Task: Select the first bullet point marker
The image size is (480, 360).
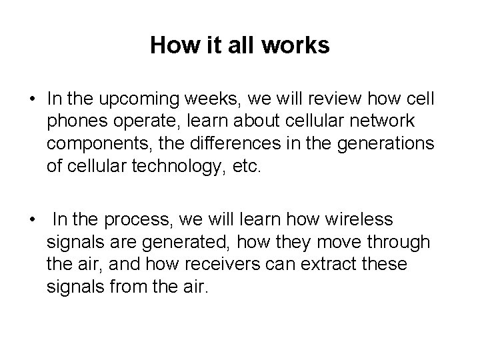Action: [x=32, y=100]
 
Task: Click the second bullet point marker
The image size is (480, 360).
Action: [x=32, y=220]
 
